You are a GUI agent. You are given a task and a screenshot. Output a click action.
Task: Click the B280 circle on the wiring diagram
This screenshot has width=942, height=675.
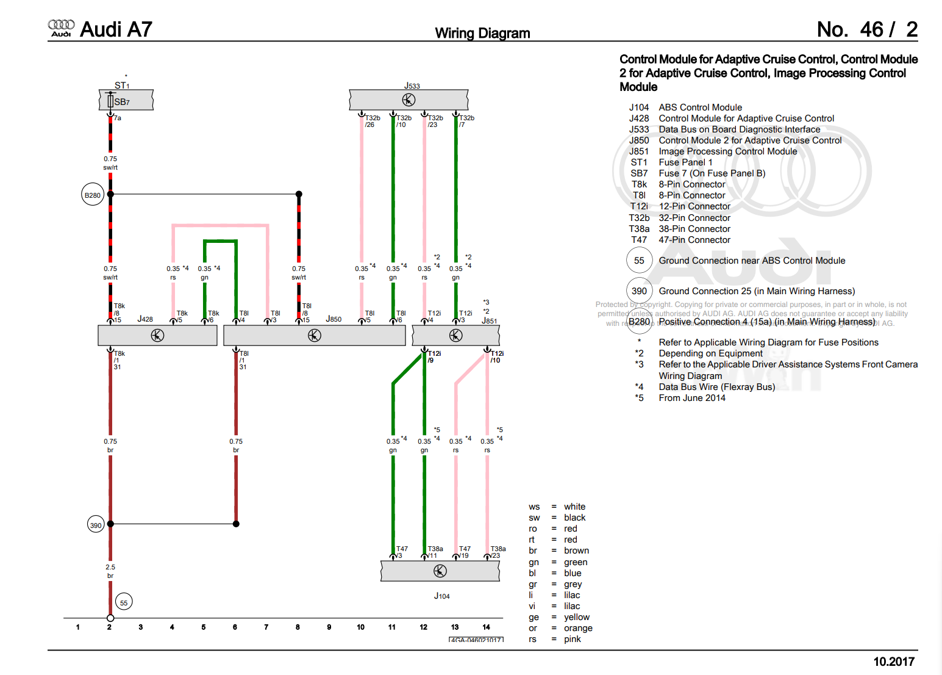pyautogui.click(x=93, y=195)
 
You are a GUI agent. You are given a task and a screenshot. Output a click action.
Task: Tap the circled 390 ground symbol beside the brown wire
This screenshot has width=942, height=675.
pyautogui.click(x=96, y=525)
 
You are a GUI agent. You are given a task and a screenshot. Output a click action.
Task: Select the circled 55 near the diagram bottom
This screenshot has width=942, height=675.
pyautogui.click(x=124, y=602)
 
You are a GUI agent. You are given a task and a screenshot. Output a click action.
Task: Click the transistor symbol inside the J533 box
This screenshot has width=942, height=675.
pyautogui.click(x=409, y=99)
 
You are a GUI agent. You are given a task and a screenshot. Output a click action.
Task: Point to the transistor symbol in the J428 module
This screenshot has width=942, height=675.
pyautogui.click(x=157, y=335)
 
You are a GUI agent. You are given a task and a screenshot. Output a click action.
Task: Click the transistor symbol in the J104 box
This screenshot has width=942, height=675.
pyautogui.click(x=440, y=571)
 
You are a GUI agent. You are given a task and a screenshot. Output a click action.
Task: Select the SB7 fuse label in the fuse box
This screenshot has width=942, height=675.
pyautogui.click(x=122, y=102)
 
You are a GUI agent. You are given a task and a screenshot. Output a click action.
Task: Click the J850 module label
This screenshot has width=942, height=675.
pyautogui.click(x=334, y=319)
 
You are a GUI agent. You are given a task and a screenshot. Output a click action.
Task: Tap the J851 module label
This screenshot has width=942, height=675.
pyautogui.click(x=489, y=320)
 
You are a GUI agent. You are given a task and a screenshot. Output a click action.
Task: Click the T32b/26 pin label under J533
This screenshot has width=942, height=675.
pyautogui.click(x=371, y=121)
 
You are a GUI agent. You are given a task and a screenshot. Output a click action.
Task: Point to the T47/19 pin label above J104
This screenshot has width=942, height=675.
pyautogui.click(x=464, y=552)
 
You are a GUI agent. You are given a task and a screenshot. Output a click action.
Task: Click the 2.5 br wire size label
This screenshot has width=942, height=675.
pyautogui.click(x=110, y=571)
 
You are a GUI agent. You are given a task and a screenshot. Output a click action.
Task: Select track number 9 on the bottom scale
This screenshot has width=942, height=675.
pyautogui.click(x=329, y=627)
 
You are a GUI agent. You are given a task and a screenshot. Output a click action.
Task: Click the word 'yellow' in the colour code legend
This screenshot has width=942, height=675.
pyautogui.click(x=576, y=617)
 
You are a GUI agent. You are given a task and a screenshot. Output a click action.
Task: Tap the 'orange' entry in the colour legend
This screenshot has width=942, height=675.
pyautogui.click(x=577, y=628)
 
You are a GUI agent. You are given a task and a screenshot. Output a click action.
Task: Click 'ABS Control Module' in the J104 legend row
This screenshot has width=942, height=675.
pyautogui.click(x=700, y=107)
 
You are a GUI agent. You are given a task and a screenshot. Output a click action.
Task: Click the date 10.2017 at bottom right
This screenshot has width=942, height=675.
pyautogui.click(x=893, y=662)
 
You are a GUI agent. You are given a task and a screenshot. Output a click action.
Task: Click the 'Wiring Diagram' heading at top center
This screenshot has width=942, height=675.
pyautogui.click(x=482, y=33)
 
